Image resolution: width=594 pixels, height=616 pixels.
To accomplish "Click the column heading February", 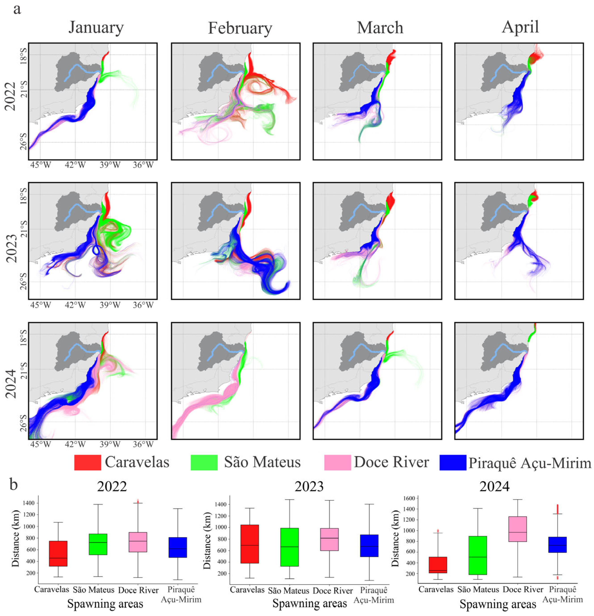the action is tap(240, 28).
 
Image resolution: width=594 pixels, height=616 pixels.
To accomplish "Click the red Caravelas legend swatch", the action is tap(88, 462).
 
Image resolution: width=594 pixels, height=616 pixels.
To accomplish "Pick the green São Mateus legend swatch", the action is tap(204, 462).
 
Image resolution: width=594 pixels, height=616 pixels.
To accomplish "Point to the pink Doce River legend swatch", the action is tap(338, 462).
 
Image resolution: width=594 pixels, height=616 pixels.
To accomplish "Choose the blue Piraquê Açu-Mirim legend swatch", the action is tap(453, 462).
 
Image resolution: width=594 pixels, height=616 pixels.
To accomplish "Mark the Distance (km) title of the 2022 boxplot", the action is tap(15, 538).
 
